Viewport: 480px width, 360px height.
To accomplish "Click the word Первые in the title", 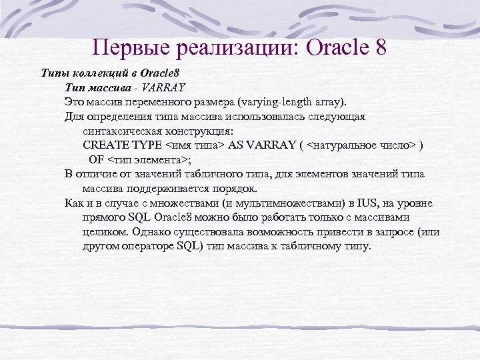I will (x=127, y=48).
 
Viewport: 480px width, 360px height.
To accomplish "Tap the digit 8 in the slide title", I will (x=379, y=48).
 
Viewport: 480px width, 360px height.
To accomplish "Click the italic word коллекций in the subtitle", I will (x=99, y=73).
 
